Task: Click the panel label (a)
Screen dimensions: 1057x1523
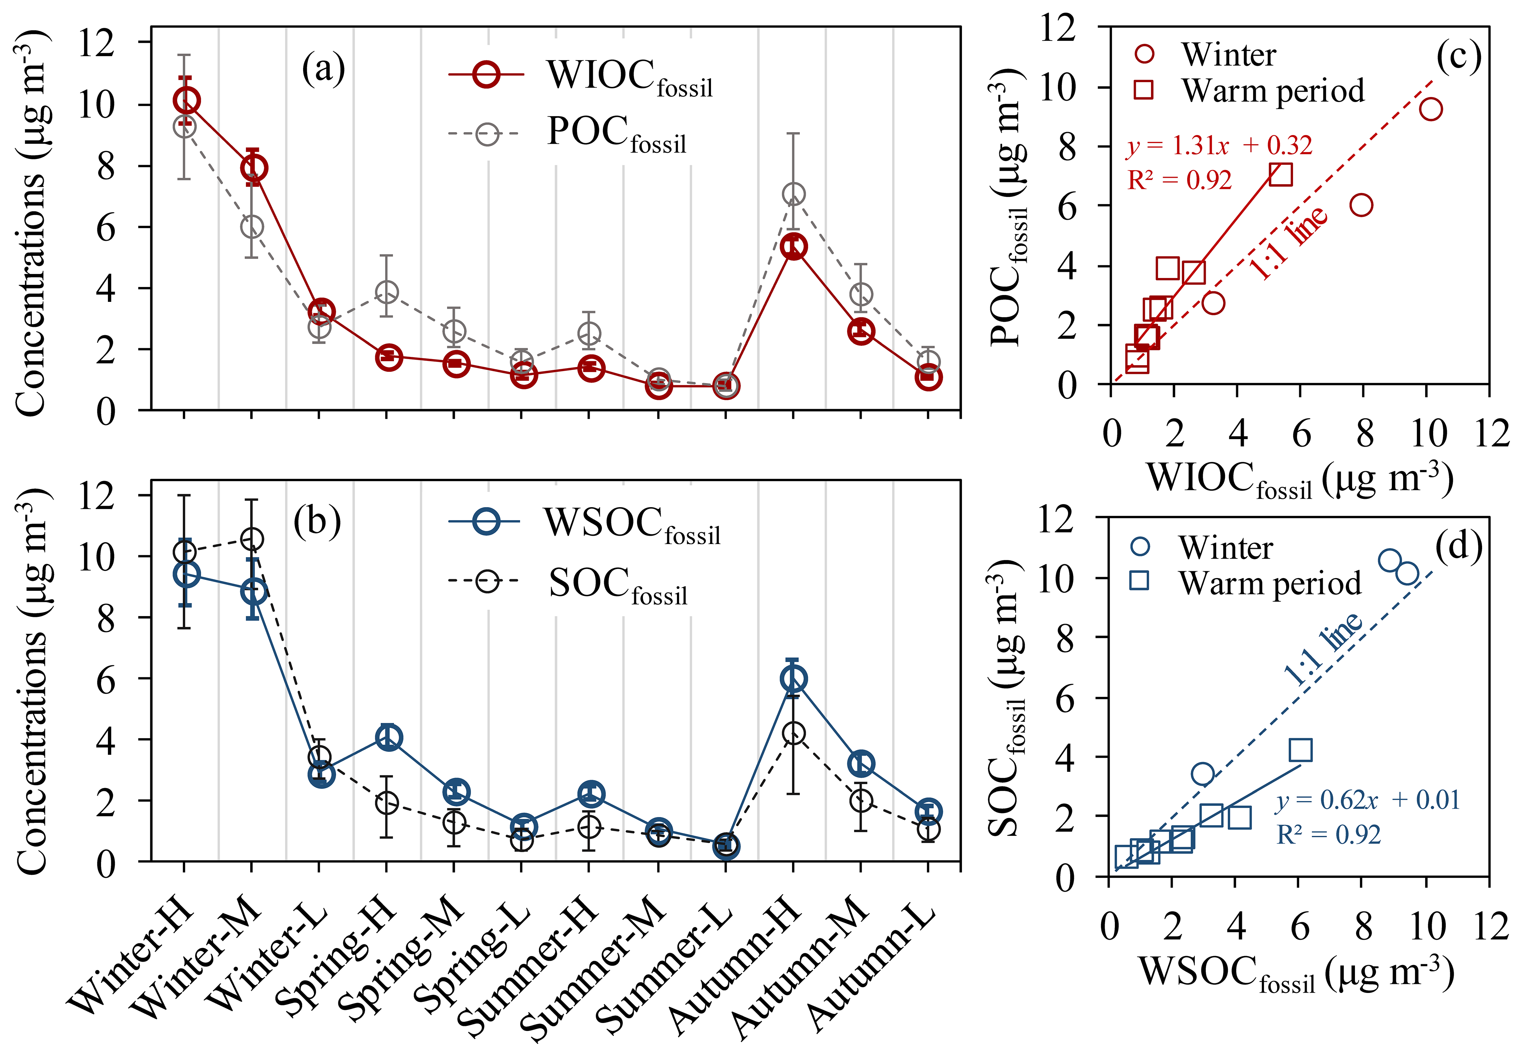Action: point(323,69)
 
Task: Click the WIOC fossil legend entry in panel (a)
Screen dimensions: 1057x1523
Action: point(629,78)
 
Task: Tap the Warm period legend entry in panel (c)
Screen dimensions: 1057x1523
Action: point(1272,91)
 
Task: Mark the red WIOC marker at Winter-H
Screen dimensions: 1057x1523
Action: point(186,101)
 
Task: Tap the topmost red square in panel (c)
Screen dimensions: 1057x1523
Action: point(1281,174)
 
